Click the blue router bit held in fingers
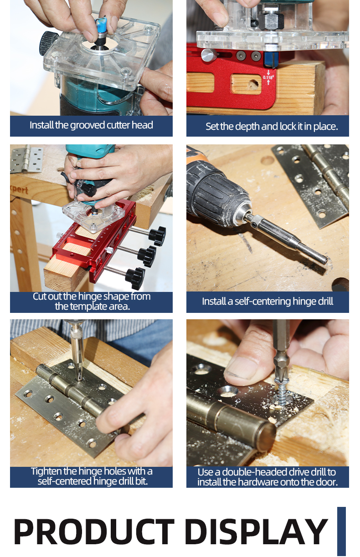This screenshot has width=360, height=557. (x=102, y=25)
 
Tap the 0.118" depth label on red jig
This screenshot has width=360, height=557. (x=268, y=77)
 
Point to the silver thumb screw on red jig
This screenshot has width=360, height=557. (x=209, y=55)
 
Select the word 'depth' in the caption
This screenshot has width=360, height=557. (x=247, y=127)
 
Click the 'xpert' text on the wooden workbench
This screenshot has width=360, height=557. (x=20, y=190)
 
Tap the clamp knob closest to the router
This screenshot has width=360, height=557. (x=157, y=236)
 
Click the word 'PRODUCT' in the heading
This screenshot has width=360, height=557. (x=94, y=532)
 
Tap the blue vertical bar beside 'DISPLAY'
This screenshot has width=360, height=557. (x=342, y=531)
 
